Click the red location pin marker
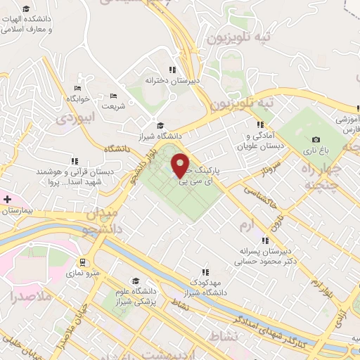(181, 165)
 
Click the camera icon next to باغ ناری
(316, 139)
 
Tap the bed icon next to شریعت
(114, 96)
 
